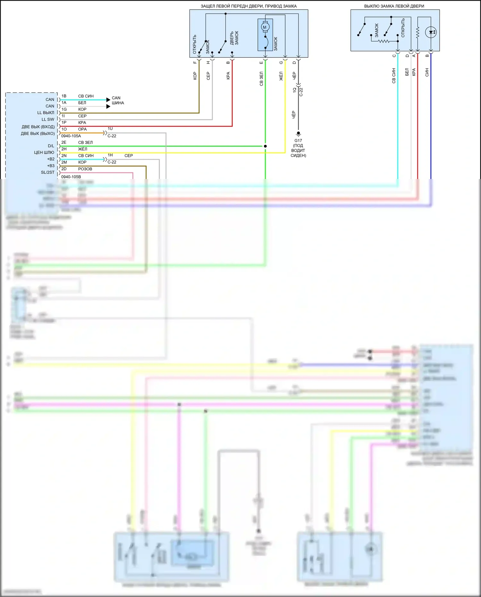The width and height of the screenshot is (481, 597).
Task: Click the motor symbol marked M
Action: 265,27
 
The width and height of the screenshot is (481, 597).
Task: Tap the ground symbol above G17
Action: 298,133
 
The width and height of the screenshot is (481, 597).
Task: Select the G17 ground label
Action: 298,141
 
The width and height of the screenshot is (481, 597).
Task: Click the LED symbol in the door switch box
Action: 431,32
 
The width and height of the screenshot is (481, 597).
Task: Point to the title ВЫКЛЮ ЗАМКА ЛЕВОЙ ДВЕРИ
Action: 394,6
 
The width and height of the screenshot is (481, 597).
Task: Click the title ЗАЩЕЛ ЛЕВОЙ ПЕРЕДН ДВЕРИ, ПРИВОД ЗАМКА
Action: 249,6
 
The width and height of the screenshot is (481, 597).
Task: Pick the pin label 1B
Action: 64,96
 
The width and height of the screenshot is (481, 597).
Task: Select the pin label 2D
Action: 64,169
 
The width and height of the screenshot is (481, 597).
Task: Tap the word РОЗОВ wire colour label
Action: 85,169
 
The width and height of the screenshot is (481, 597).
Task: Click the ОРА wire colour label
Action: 82,129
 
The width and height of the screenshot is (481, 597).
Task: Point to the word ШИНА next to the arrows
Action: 118,103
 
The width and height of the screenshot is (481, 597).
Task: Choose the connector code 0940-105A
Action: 71,136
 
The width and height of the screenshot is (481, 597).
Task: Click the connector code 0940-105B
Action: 71,177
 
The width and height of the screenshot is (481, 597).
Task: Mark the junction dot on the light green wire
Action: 265,146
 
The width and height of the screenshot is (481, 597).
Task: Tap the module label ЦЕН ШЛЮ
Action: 44,153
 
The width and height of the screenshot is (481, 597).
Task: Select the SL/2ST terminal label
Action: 48,173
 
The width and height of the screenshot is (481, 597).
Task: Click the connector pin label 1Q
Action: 294,90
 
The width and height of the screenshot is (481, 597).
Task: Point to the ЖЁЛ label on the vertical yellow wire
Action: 281,76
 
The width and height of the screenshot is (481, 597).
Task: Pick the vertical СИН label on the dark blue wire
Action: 427,72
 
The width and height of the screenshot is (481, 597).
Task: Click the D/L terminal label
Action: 51,146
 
